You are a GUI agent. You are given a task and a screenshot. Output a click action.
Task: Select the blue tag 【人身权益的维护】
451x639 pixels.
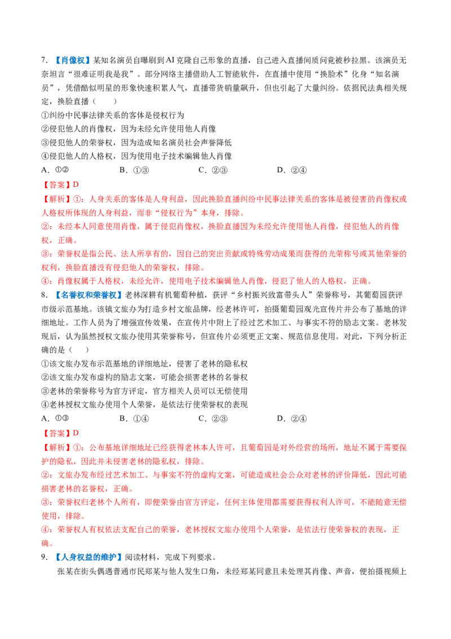point(88,557)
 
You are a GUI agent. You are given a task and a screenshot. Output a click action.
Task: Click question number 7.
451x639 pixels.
point(45,60)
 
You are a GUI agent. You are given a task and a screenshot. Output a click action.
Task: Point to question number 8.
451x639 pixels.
point(45,295)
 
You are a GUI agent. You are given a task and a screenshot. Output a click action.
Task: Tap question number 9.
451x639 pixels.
point(45,557)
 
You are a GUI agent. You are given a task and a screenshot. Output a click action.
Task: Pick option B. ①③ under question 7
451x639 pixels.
point(134,170)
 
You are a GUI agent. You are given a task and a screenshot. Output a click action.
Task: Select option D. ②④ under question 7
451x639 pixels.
point(292,170)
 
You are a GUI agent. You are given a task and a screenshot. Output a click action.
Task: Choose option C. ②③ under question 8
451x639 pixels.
point(213,418)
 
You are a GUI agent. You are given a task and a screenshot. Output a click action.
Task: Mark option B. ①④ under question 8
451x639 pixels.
point(134,418)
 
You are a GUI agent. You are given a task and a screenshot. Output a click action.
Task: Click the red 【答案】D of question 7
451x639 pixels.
point(60,185)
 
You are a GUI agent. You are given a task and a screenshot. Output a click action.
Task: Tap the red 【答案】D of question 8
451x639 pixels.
point(60,433)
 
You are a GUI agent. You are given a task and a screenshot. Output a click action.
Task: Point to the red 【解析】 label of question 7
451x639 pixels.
point(57,199)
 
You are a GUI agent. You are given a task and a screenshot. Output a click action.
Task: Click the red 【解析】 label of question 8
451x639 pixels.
point(57,448)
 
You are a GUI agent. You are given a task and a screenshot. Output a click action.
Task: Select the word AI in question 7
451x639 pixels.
point(170,60)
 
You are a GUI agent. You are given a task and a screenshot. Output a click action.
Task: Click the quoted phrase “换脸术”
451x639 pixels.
point(334,74)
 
